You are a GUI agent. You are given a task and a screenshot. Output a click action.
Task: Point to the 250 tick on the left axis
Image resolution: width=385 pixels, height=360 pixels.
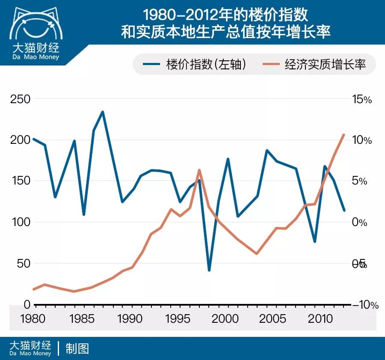pos(21,99)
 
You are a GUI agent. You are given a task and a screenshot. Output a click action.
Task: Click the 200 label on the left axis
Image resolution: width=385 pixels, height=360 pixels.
pos(21,140)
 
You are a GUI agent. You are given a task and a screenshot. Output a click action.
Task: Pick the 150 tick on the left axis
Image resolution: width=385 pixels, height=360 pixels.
pos(21,181)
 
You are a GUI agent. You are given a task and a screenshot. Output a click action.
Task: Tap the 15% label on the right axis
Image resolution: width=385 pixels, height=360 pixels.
pos(362,99)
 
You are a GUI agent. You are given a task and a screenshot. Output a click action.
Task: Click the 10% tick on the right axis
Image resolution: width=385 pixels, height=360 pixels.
pos(362,140)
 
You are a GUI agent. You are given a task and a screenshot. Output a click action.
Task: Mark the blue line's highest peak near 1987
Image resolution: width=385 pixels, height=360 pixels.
pos(102,112)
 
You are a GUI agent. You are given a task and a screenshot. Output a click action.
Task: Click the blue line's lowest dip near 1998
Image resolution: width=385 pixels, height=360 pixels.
pos(209,270)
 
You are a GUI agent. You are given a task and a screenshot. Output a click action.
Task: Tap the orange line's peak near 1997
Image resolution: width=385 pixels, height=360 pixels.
pos(199,170)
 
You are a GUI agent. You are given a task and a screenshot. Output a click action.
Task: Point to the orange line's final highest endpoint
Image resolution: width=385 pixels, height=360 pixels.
pos(344,134)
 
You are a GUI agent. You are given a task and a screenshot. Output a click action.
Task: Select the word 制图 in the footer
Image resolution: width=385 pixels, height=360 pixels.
pos(77,348)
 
